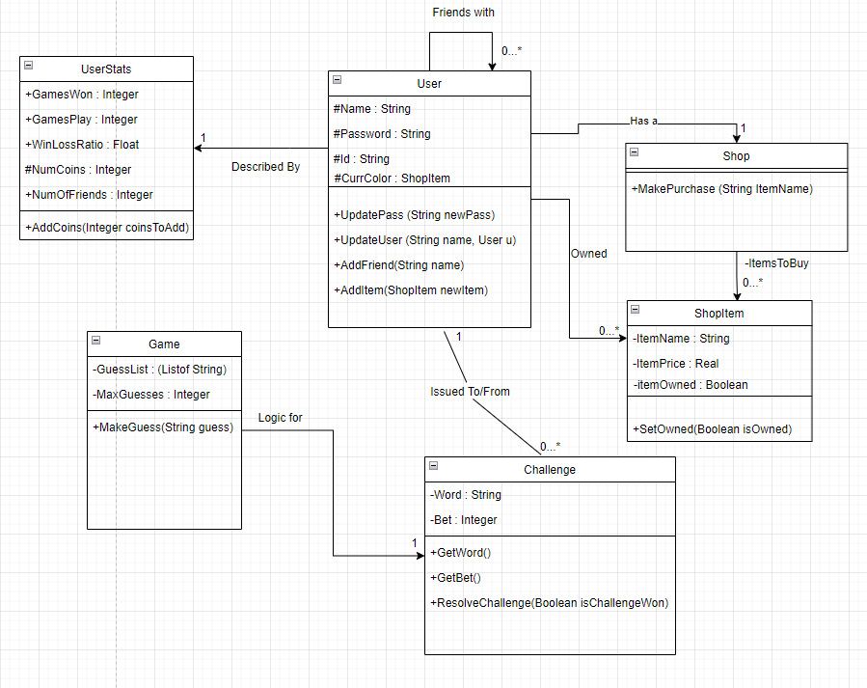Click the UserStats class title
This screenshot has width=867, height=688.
pyautogui.click(x=106, y=69)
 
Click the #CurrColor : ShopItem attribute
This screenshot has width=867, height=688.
pyautogui.click(x=392, y=179)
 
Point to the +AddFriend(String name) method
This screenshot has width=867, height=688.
pyautogui.click(x=398, y=265)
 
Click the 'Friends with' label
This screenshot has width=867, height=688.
pyautogui.click(x=463, y=13)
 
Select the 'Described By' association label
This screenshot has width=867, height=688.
pyautogui.click(x=265, y=167)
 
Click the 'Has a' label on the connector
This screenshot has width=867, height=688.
pyautogui.click(x=643, y=122)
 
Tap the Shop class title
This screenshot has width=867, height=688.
pyautogui.click(x=736, y=156)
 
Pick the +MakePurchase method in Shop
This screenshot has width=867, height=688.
pyautogui.click(x=721, y=189)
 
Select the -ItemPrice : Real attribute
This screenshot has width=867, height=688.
pyautogui.click(x=676, y=364)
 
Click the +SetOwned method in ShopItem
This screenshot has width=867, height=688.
pyautogui.click(x=712, y=429)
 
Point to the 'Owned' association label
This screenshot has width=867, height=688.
pyautogui.click(x=588, y=254)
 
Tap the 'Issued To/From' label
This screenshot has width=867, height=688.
pyautogui.click(x=470, y=392)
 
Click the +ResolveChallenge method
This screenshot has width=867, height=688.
pyautogui.click(x=549, y=603)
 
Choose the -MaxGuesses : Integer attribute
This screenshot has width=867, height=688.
pyautogui.click(x=150, y=395)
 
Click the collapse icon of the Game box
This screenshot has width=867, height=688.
pyautogui.click(x=95, y=339)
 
